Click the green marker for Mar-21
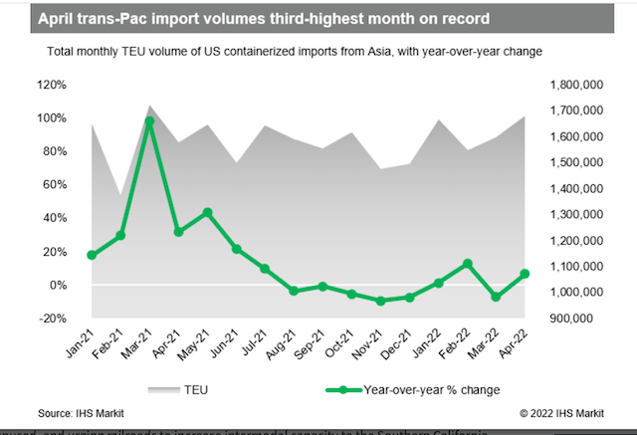[149, 121]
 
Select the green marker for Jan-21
[92, 256]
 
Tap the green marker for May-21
[207, 212]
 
